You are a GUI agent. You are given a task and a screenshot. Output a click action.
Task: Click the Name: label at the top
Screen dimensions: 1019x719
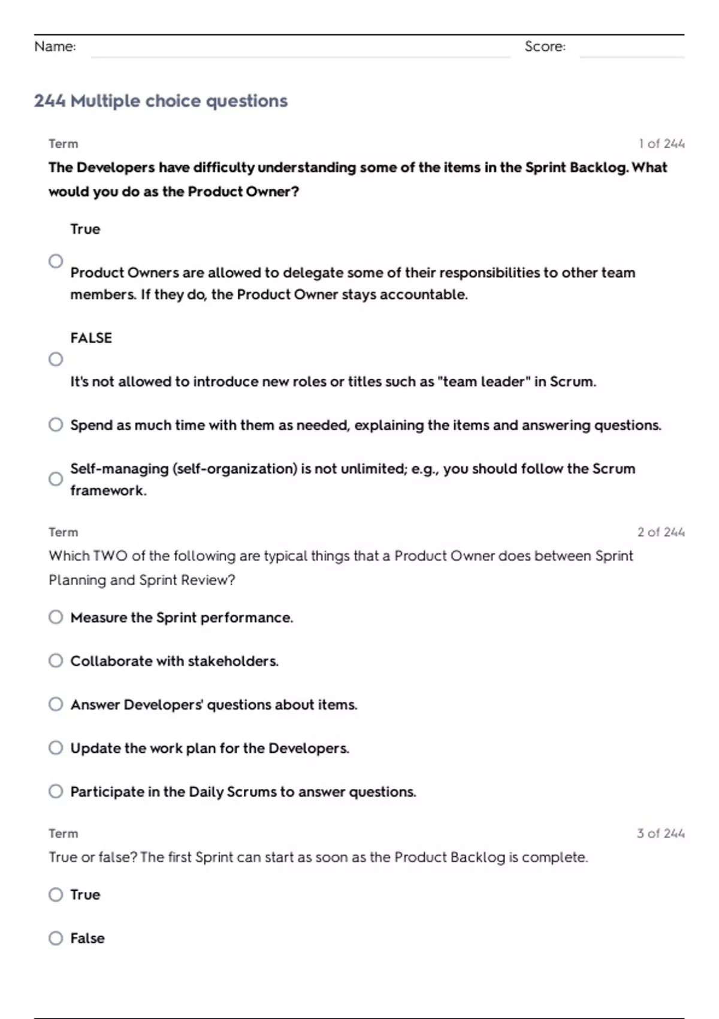55,47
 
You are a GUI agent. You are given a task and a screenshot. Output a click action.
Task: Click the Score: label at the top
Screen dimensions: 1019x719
545,47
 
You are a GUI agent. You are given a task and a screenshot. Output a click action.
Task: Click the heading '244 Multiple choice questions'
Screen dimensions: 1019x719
161,101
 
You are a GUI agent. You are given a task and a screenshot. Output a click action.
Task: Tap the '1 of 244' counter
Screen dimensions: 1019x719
661,144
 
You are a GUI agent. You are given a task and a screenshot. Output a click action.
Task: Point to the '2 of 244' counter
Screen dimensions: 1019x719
661,532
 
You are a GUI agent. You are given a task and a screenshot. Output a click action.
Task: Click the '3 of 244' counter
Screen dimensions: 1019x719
661,833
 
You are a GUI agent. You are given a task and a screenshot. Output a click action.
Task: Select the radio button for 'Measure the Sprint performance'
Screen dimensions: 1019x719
56,617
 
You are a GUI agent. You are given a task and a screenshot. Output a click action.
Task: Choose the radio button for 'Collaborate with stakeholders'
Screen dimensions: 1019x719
56,661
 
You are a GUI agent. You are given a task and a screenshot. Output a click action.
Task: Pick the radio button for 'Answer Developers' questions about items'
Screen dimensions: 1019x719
56,704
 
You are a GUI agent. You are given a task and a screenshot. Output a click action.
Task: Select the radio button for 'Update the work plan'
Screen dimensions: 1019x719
56,748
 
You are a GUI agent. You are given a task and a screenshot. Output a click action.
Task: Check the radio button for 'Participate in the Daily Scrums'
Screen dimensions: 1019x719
56,792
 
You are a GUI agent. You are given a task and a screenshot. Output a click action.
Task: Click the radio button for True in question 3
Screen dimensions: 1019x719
56,895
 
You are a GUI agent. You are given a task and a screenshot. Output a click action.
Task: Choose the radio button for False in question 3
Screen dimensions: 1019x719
56,938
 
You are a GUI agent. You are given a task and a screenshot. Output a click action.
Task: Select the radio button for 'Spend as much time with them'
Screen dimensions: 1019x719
56,425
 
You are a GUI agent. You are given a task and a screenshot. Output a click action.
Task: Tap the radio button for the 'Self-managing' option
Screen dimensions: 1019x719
56,479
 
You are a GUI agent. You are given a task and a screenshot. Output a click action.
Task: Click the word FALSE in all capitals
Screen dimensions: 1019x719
91,338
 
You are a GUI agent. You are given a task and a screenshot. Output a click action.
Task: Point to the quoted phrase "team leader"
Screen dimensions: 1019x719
485,382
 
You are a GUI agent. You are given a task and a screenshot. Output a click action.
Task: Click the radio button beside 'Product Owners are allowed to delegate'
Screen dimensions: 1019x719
56,261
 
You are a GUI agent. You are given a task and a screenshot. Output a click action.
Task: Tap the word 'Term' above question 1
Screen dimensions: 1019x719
64,144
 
